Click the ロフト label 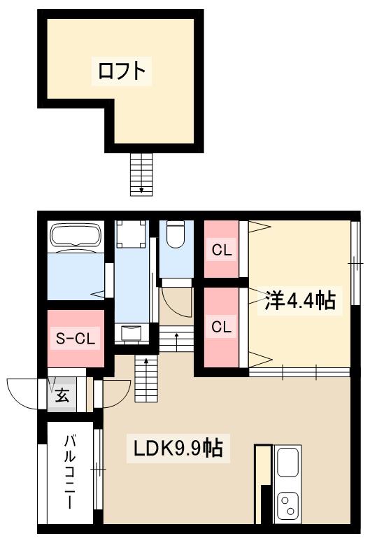point(122,71)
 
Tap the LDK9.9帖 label point(178,448)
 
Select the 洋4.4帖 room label point(299,301)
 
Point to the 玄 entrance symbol point(62,395)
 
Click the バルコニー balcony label point(70,472)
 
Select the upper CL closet point(222,250)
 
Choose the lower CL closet point(222,326)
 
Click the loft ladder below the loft point(141,174)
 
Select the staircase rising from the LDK point(146,381)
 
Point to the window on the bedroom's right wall point(355,263)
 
